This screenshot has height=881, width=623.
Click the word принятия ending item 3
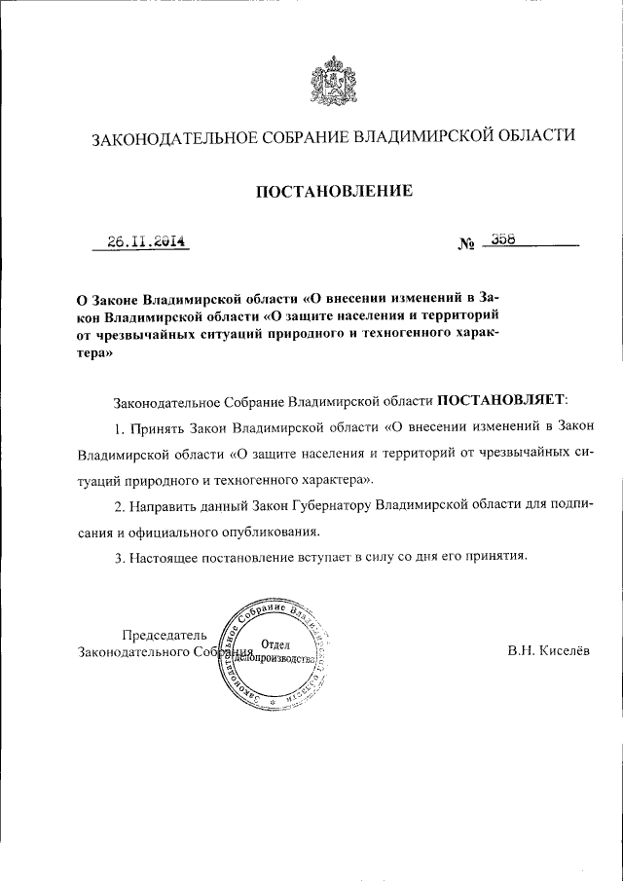tap(495, 559)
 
